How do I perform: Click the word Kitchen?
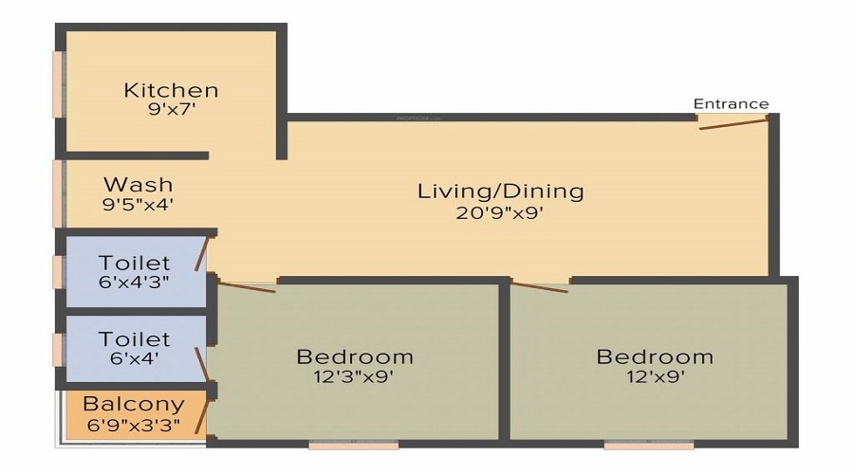coord(171,90)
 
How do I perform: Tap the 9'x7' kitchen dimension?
coord(172,109)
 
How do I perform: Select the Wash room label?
coord(139,185)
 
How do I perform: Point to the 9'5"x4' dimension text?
coord(138,205)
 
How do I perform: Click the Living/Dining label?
coord(500,191)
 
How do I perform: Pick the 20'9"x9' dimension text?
coord(499,212)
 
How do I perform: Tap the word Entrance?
coord(731,103)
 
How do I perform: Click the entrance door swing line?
coord(733,124)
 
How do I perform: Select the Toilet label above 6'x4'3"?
coord(134,263)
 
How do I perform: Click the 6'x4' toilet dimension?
coord(134,358)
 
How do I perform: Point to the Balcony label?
coord(134,404)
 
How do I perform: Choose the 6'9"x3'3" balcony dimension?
coord(134,425)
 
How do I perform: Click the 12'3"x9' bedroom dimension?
coord(354,376)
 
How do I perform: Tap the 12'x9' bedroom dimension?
coord(655,376)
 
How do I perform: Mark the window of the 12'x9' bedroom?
coord(649,445)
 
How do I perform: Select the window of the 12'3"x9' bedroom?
coord(354,445)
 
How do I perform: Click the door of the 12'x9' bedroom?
coord(539,286)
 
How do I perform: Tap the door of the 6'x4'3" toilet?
coord(202,254)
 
